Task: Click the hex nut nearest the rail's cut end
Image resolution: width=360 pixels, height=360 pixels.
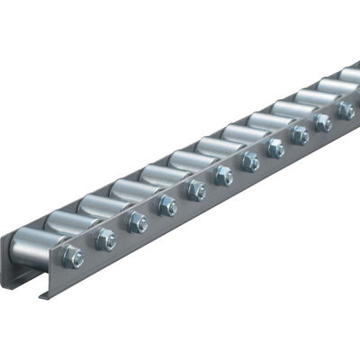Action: pos(74,257)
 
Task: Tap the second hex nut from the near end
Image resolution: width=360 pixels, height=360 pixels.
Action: pos(105,239)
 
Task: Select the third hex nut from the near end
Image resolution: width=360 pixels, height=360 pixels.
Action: pos(137,221)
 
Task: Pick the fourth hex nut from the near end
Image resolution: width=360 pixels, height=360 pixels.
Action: pos(167,205)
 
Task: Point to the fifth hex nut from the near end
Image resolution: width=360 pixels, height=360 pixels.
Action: pos(196,190)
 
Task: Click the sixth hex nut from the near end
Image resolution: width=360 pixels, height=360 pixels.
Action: pos(222,175)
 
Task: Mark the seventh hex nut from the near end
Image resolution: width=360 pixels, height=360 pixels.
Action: pos(249,161)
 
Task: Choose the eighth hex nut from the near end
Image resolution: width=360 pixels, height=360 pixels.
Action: pos(274,148)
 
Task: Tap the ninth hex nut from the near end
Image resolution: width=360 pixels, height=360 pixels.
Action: pos(299,135)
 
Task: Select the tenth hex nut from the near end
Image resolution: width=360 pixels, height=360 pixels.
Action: pos(322,122)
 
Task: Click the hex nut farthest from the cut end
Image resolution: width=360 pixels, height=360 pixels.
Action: pos(345,110)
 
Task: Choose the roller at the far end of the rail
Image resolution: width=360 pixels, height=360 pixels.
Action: pos(351,74)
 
